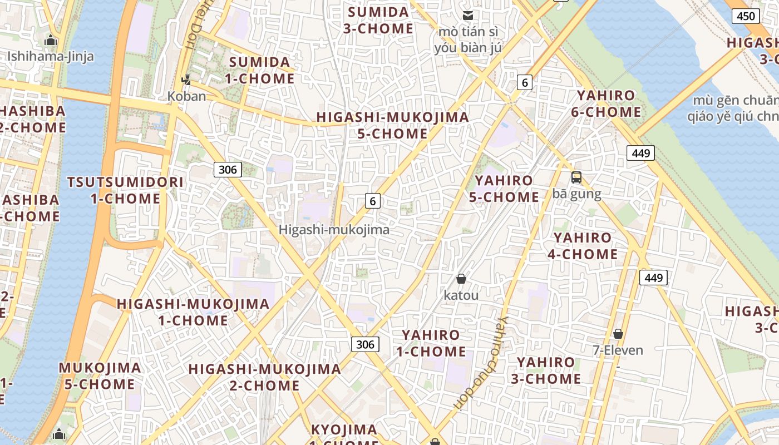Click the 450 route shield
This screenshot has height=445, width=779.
[x=746, y=16]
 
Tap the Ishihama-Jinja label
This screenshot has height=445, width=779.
[x=51, y=56]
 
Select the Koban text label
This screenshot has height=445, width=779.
[x=186, y=96]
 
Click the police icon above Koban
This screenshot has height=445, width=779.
[x=186, y=81]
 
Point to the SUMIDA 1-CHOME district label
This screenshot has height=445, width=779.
[x=260, y=70]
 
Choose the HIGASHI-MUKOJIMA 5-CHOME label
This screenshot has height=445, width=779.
[x=393, y=126]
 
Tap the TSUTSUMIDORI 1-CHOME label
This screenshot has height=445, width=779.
[x=125, y=190]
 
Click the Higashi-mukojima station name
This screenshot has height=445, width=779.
[x=334, y=229]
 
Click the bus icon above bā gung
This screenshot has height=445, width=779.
[x=576, y=178]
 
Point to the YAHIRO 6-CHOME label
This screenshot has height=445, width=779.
[x=606, y=103]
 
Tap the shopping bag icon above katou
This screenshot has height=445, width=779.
[x=461, y=279]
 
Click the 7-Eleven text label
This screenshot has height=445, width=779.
[x=618, y=350]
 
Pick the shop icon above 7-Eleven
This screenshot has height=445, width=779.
[x=618, y=334]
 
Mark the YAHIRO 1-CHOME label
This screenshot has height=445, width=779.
[x=431, y=343]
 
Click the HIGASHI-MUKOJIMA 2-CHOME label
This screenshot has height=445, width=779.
[x=264, y=377]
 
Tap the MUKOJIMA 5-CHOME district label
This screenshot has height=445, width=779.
[x=100, y=375]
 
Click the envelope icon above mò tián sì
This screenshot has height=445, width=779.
[x=468, y=16]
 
